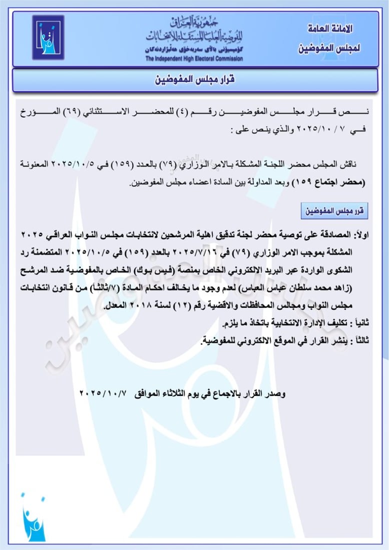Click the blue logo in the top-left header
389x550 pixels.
[48, 38]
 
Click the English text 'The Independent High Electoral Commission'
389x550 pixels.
[194, 59]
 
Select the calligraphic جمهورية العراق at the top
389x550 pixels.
[195, 22]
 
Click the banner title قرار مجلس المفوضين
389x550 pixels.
[194, 80]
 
